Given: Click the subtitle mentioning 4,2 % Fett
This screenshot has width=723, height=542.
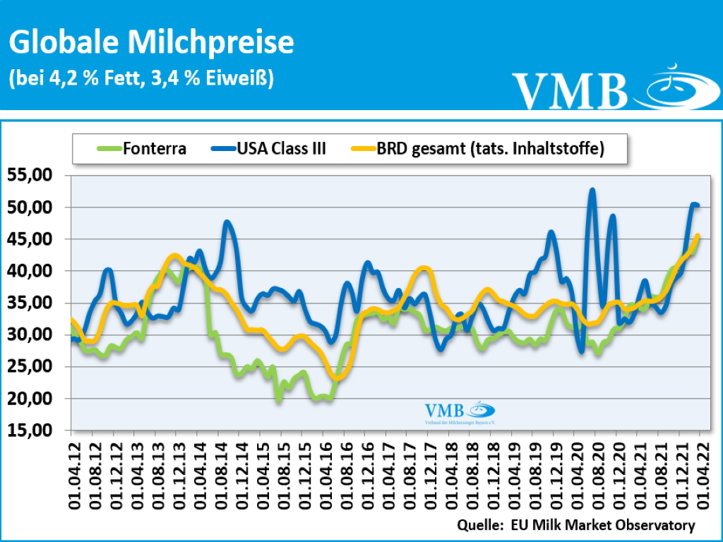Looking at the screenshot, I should tap(141, 77).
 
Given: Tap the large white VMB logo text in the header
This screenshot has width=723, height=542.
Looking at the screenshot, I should tap(570, 90).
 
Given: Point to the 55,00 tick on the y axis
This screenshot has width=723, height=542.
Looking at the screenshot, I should tap(32, 175).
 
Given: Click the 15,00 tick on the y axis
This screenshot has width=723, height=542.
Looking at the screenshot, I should tap(32, 430).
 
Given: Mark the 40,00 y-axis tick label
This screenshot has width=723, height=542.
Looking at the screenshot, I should tap(32, 271).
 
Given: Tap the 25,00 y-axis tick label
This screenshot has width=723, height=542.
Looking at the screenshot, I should tap(32, 366).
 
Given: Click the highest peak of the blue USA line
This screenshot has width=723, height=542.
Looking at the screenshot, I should tap(592, 190).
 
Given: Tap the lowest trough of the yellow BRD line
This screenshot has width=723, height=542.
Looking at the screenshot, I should tap(337, 378).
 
